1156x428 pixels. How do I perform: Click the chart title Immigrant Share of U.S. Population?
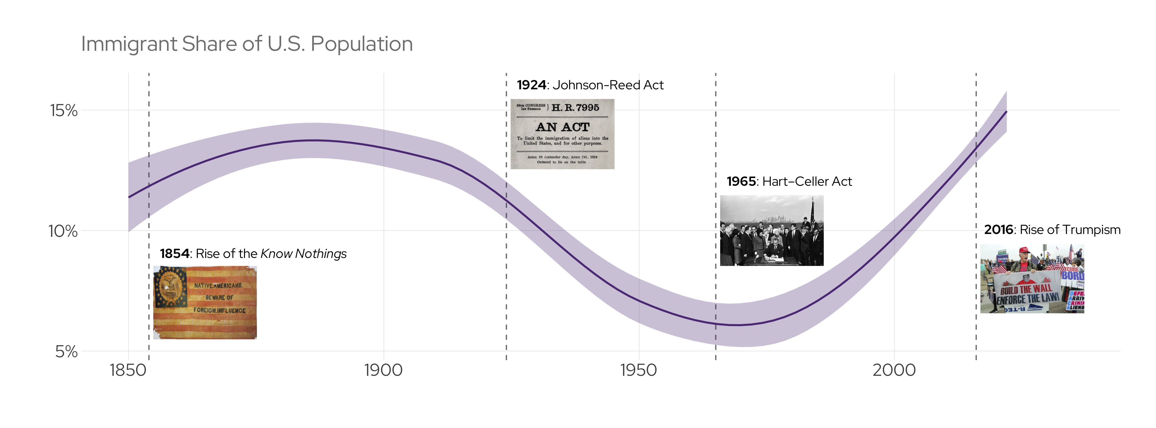coord(247,44)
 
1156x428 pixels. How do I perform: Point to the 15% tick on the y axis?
coord(63,110)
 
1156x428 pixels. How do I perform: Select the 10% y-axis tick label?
coord(63,231)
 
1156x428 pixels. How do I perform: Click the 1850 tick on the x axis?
coord(128,371)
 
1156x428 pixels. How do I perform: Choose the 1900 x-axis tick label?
coord(383,371)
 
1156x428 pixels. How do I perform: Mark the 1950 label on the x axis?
coord(638,371)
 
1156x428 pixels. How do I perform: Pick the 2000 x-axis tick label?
coord(894,371)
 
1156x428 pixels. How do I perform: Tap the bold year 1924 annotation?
coord(531,85)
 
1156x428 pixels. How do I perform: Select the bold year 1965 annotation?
coord(741,182)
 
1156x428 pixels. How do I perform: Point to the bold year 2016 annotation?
coord(998,230)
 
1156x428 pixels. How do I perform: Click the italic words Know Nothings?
coord(303,254)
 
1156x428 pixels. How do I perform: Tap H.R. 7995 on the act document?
coord(575,108)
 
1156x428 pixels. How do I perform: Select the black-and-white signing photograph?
coord(772,230)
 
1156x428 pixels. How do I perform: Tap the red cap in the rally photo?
coord(1024,250)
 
